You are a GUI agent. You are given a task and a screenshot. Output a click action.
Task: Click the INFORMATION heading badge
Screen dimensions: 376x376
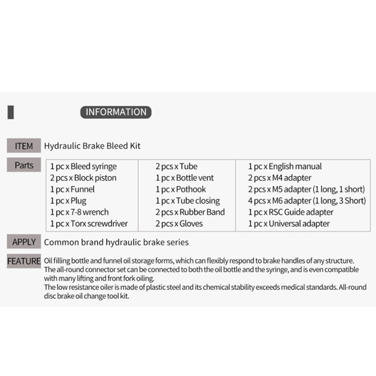pyautogui.click(x=116, y=112)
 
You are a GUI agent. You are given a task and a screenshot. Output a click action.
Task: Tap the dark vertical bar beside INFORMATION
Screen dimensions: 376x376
pyautogui.click(x=11, y=112)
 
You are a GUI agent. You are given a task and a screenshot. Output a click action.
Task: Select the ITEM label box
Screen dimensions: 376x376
pyautogui.click(x=24, y=146)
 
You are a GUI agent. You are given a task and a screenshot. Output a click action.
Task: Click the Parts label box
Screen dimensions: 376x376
pyautogui.click(x=24, y=165)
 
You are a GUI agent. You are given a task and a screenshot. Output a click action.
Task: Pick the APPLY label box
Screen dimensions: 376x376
pyautogui.click(x=24, y=242)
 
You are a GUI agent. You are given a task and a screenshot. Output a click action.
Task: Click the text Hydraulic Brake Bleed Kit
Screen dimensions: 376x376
pyautogui.click(x=92, y=146)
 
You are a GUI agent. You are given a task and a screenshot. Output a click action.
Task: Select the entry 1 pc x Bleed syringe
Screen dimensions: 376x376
pyautogui.click(x=83, y=167)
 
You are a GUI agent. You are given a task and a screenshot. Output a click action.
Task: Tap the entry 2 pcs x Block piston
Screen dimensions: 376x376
pyautogui.click(x=83, y=178)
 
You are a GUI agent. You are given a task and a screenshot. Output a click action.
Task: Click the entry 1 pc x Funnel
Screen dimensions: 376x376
pyautogui.click(x=72, y=190)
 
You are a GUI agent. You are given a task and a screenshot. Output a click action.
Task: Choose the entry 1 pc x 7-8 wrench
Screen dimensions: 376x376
pyautogui.click(x=80, y=212)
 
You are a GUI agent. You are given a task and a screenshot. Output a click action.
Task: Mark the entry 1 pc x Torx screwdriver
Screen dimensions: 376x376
pyautogui.click(x=89, y=224)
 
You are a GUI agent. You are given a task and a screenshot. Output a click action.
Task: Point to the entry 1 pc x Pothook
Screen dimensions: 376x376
pyautogui.click(x=181, y=190)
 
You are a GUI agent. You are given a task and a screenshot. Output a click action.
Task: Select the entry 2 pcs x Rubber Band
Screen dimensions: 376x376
pyautogui.click(x=190, y=212)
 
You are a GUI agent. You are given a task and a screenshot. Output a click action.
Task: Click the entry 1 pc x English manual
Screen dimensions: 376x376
pyautogui.click(x=285, y=167)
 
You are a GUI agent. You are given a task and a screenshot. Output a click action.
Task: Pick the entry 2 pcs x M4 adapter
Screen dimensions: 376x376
pyautogui.click(x=280, y=178)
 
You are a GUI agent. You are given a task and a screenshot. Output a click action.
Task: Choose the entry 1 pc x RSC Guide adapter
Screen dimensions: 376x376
pyautogui.click(x=291, y=212)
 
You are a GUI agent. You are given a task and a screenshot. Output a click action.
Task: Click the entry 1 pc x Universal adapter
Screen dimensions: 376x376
pyautogui.click(x=289, y=224)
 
